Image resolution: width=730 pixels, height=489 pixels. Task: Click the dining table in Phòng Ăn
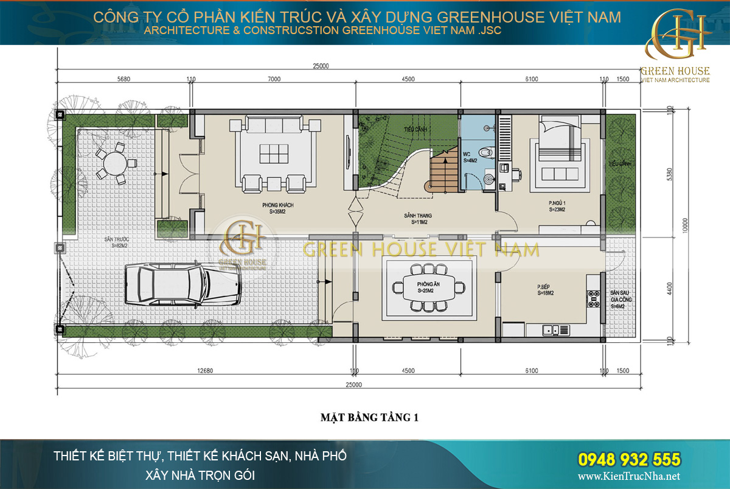point(426,286)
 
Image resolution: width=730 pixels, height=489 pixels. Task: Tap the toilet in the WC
point(485,153)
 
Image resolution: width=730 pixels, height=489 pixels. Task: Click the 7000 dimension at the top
point(274,79)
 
